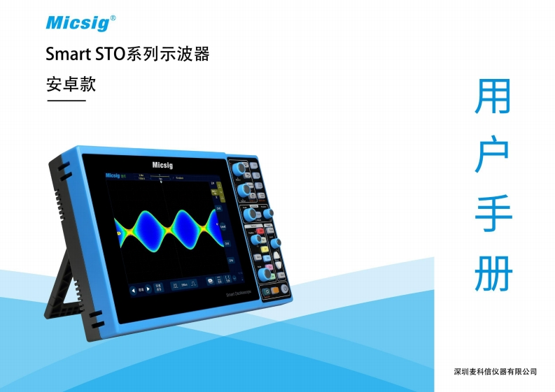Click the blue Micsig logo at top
pyautogui.click(x=78, y=23)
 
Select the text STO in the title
pyautogui.click(x=106, y=54)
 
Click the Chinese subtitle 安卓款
pyautogui.click(x=70, y=85)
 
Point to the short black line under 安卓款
pyautogui.click(x=66, y=101)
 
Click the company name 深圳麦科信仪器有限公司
pyautogui.click(x=495, y=371)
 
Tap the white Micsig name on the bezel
pyautogui.click(x=162, y=165)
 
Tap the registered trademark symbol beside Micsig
pyautogui.click(x=113, y=17)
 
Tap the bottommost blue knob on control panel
pyautogui.click(x=266, y=275)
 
